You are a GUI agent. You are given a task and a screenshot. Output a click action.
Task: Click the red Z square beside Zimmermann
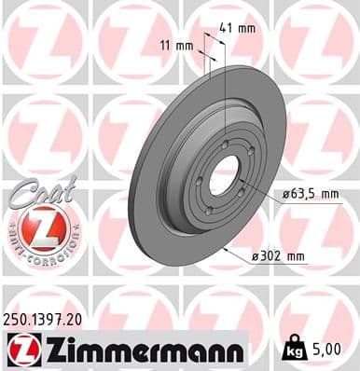coord(19,350)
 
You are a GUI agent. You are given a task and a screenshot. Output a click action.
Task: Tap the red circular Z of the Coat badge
coord(36,227)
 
